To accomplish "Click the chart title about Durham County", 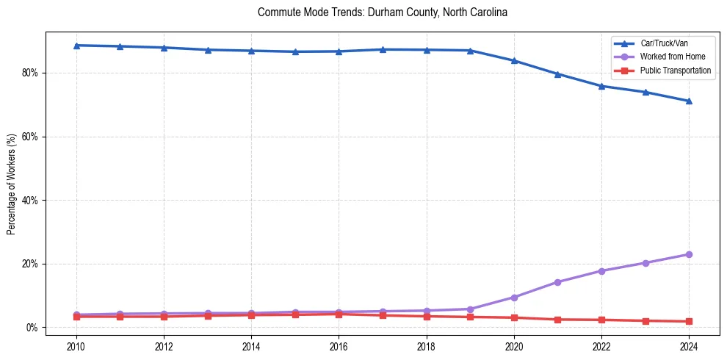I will pyautogui.click(x=383, y=12).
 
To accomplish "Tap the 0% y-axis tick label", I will pyautogui.click(x=34, y=328).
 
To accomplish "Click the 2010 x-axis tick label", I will pyautogui.click(x=76, y=345).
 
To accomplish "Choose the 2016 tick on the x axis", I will pyautogui.click(x=339, y=345).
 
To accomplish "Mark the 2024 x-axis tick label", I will pyautogui.click(x=689, y=345).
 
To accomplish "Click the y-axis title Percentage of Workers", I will pyautogui.click(x=12, y=184).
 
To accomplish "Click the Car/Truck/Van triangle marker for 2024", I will pyautogui.click(x=689, y=101).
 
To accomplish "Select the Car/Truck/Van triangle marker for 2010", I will pyautogui.click(x=76, y=46).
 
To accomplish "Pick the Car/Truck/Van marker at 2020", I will pyautogui.click(x=514, y=61).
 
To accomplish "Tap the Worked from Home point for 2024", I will pyautogui.click(x=689, y=254).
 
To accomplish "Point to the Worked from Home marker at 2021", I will pyautogui.click(x=557, y=282).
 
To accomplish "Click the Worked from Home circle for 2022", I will pyautogui.click(x=601, y=271).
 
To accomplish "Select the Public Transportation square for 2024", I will pyautogui.click(x=689, y=321).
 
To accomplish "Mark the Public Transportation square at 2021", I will pyautogui.click(x=557, y=320).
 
